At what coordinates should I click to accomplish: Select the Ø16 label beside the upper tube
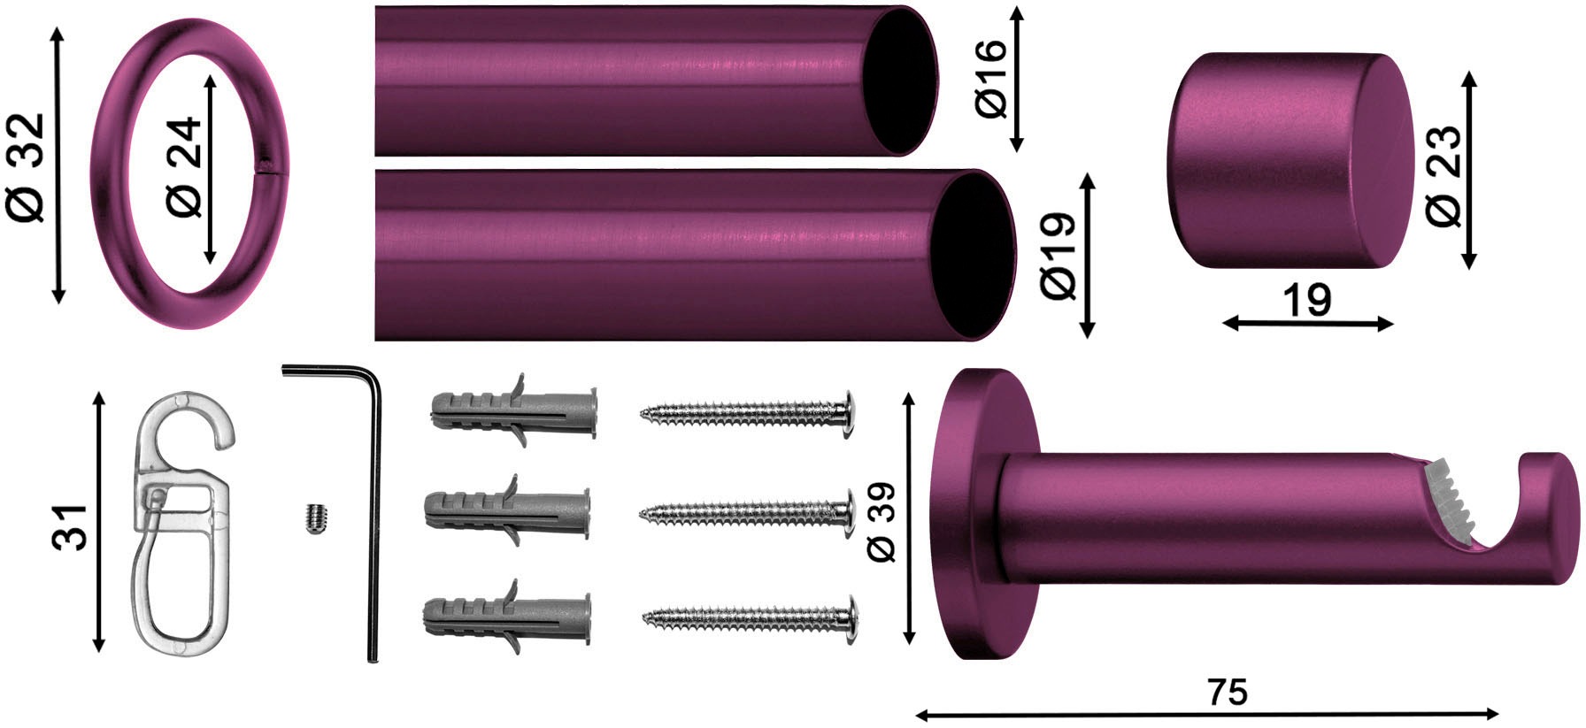992,80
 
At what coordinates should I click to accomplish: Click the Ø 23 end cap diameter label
1444,174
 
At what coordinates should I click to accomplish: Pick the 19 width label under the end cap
1306,301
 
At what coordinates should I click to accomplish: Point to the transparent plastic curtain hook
182,522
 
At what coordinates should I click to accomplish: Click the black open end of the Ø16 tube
902,81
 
